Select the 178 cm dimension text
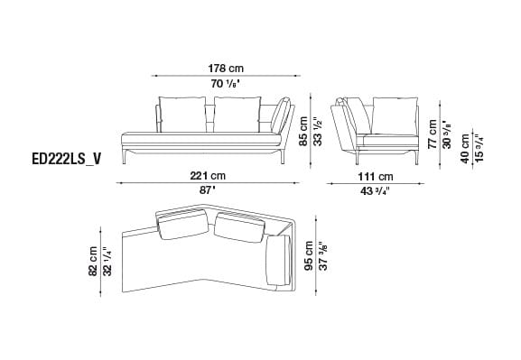(226, 69)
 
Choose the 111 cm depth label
(377, 176)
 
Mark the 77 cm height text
(433, 134)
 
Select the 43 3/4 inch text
(377, 191)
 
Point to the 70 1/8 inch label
(226, 84)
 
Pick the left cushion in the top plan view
(184, 228)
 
